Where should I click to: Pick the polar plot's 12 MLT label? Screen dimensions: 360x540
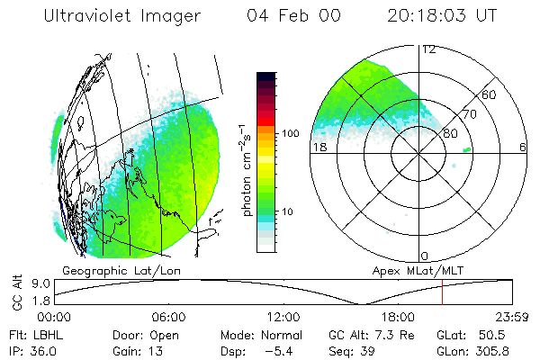(x=428, y=49)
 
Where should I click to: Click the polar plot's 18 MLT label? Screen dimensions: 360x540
(x=319, y=148)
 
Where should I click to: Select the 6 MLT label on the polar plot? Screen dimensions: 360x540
(x=523, y=148)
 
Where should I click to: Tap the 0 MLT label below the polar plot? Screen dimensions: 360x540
(x=425, y=256)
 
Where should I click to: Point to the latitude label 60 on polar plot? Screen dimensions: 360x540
(x=490, y=94)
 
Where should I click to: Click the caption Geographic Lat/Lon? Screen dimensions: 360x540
(x=106, y=270)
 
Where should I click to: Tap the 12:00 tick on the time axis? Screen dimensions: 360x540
(x=283, y=317)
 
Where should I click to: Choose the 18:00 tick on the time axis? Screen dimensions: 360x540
(x=398, y=317)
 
